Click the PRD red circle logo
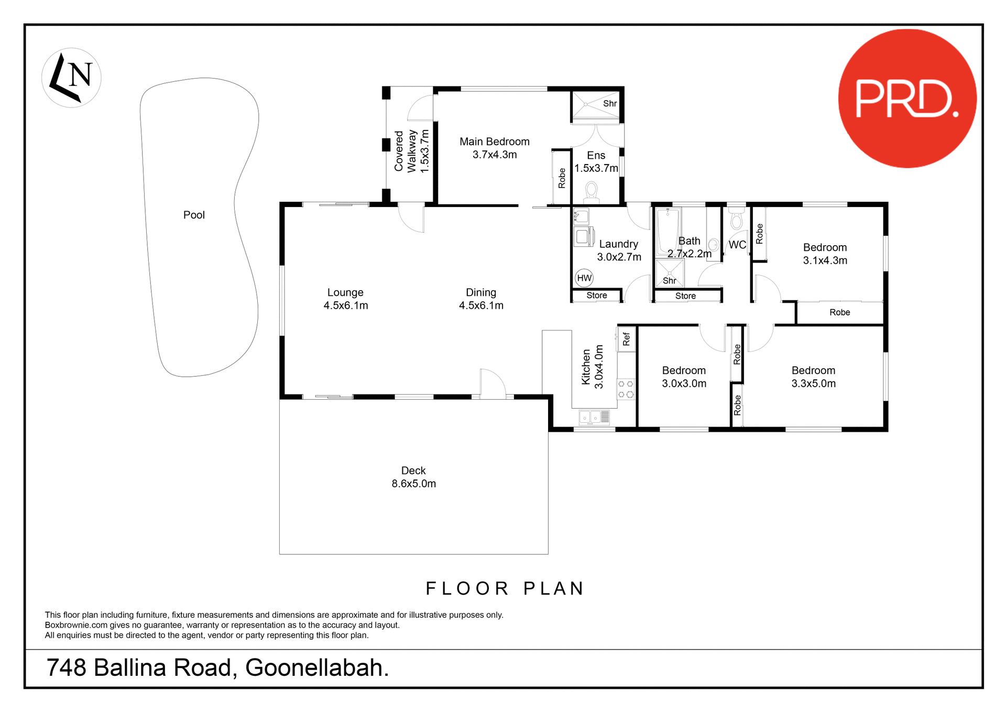[907, 99]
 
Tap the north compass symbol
[71, 78]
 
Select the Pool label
[194, 215]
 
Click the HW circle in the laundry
[584, 278]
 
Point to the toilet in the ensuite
[592, 191]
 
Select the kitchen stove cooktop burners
[626, 389]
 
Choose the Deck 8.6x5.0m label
[413, 477]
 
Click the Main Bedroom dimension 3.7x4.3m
[495, 155]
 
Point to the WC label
[737, 245]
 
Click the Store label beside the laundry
[596, 296]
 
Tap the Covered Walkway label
[411, 151]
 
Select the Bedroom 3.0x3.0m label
[684, 377]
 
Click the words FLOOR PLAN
[505, 588]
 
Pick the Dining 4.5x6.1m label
[481, 299]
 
